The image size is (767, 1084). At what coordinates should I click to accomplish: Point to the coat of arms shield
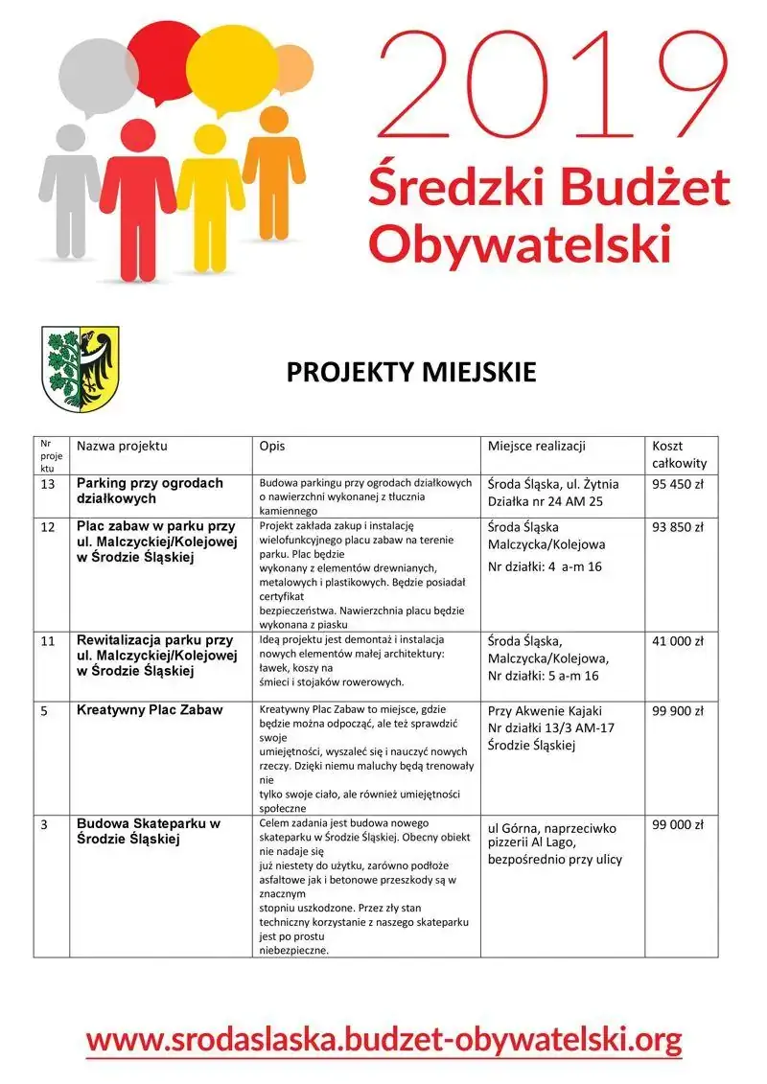click(81, 369)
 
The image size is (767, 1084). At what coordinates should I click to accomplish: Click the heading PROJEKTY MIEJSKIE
click(411, 373)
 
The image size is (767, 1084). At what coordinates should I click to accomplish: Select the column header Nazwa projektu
click(122, 447)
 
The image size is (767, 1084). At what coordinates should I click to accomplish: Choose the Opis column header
click(272, 447)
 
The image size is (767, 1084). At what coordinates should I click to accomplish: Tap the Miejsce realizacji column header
click(536, 447)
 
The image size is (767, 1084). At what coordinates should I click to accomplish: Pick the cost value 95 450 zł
click(678, 484)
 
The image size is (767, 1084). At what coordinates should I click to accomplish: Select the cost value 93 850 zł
click(678, 527)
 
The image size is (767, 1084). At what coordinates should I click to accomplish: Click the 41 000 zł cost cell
click(678, 641)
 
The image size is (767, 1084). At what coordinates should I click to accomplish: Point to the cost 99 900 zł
click(678, 711)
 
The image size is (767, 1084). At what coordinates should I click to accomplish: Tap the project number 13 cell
click(47, 484)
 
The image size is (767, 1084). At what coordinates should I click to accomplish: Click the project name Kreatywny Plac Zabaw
click(150, 710)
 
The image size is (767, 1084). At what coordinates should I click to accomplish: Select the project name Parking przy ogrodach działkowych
click(150, 491)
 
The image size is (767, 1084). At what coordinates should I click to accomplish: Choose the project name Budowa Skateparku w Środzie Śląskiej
click(149, 832)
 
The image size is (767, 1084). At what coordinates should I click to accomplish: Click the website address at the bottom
click(383, 1038)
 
